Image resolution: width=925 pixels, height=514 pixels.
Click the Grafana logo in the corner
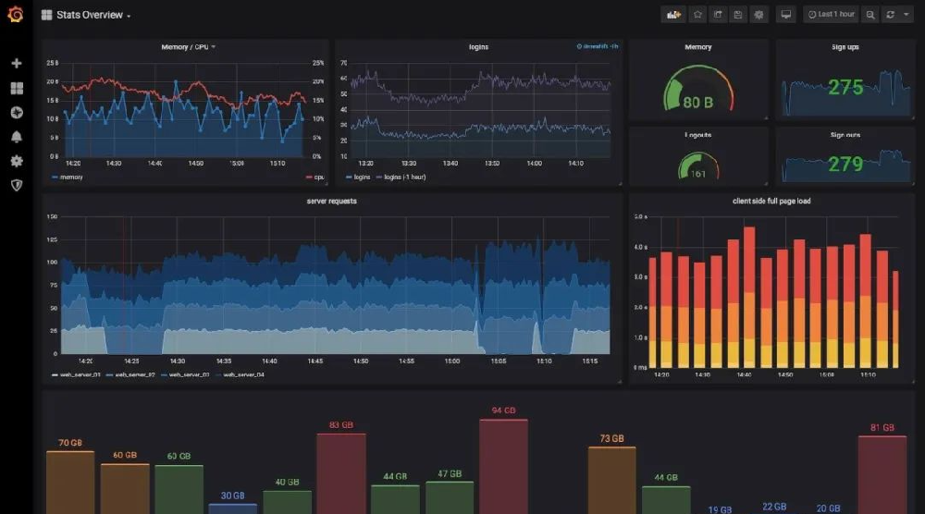pos(16,15)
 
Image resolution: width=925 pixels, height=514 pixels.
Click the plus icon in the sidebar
pos(16,63)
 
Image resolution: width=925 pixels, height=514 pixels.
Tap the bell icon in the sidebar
pos(16,137)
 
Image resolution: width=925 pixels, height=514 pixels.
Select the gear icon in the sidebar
pos(16,161)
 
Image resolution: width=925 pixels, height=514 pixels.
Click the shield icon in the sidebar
pos(16,185)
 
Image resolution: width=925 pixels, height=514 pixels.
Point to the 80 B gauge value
pos(697,103)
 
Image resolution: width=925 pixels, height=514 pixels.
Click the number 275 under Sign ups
pos(845,88)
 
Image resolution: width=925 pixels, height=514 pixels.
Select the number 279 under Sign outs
pos(845,165)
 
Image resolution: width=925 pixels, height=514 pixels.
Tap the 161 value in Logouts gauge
pos(697,174)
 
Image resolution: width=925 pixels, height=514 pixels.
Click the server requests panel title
pos(331,201)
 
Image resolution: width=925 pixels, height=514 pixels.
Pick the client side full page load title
pos(771,201)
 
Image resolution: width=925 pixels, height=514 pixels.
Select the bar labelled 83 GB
pos(341,471)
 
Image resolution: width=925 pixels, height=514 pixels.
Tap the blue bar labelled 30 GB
pos(232,508)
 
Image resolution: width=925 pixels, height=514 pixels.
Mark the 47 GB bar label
pos(450,473)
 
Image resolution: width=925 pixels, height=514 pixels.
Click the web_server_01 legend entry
pos(78,375)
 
